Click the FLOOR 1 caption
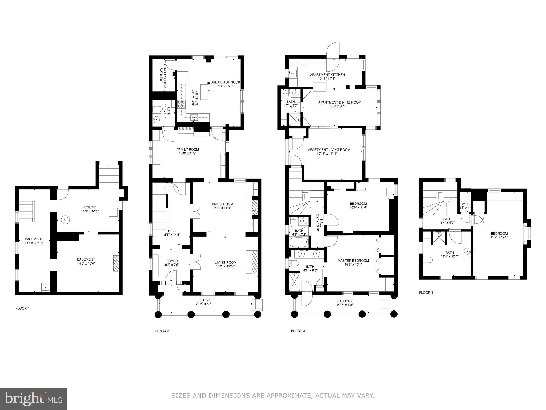[x=22, y=308]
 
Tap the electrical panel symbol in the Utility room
[x=65, y=220]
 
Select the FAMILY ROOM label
[x=188, y=151]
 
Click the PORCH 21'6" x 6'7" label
[x=204, y=302]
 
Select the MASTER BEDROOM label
[x=353, y=262]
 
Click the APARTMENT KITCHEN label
[x=327, y=77]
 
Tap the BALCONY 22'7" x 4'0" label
[x=345, y=303]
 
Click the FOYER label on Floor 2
[x=172, y=263]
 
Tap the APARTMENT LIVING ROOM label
[x=329, y=151]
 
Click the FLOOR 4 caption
[x=426, y=293]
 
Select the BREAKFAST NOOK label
[x=225, y=84]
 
